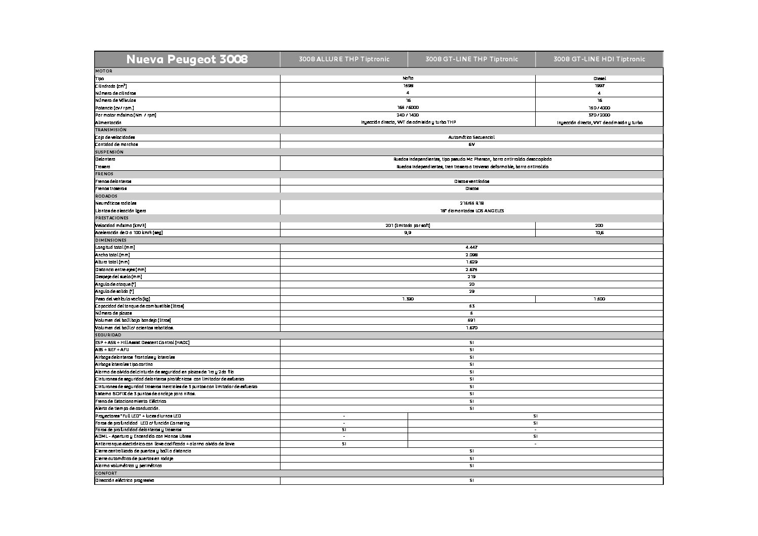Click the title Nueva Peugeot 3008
point(187,59)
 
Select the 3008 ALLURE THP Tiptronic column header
point(344,59)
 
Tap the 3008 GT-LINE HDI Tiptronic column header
point(599,59)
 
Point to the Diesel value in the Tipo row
point(599,79)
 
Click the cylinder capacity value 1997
point(599,86)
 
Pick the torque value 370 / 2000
point(599,115)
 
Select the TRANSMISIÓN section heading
point(111,130)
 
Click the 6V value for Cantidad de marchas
point(471,144)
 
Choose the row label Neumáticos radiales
point(115,203)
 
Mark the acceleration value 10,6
point(599,233)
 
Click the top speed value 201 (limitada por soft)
point(408,225)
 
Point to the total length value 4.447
point(471,247)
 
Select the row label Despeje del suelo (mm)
point(118,277)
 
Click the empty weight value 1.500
point(599,299)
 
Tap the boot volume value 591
point(471,320)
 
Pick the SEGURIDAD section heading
point(108,335)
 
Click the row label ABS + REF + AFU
point(112,350)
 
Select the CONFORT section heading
point(106,473)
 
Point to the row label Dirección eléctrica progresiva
point(125,480)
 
